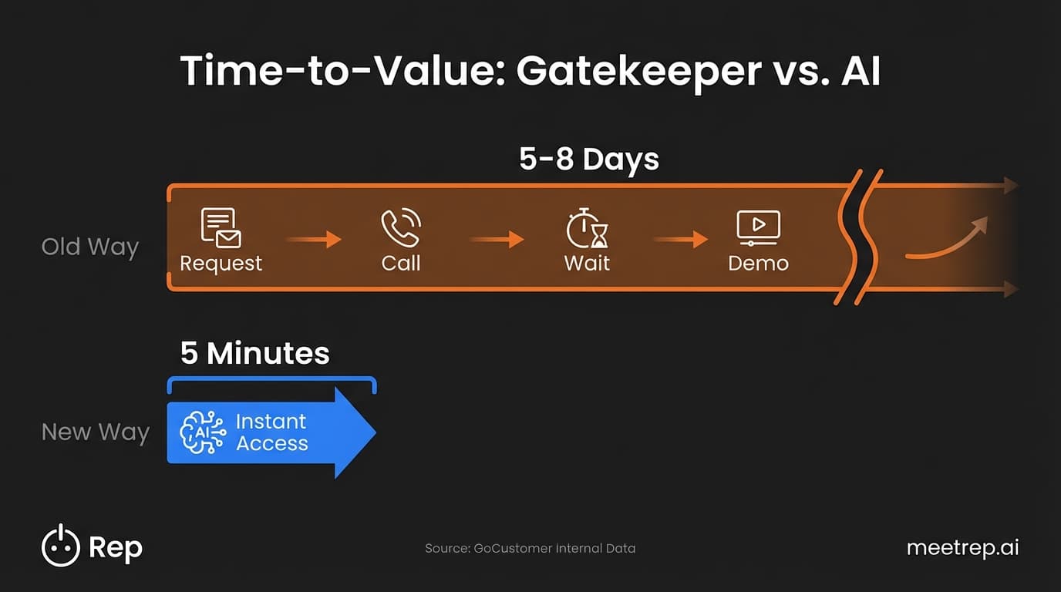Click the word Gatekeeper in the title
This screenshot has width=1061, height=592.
pos(638,72)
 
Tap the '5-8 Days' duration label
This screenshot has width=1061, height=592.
pos(589,160)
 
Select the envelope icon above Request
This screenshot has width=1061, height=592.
pos(221,227)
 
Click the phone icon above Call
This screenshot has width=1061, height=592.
pos(401,227)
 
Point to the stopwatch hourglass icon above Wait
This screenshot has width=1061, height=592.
pos(587,227)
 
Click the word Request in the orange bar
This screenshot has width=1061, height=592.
pos(221,264)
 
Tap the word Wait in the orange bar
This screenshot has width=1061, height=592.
pos(587,264)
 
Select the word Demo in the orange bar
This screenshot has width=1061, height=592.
pos(758,264)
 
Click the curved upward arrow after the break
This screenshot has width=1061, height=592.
pos(947,239)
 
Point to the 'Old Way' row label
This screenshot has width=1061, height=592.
pos(90,247)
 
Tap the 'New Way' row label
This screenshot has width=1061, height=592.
pos(95,432)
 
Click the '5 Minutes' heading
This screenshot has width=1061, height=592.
pos(254,354)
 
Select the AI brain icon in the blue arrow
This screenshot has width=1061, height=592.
pos(203,432)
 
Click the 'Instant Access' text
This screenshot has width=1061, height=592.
pos(271,432)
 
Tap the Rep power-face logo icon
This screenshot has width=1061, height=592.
pos(60,547)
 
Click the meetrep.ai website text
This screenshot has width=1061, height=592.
pos(962,548)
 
